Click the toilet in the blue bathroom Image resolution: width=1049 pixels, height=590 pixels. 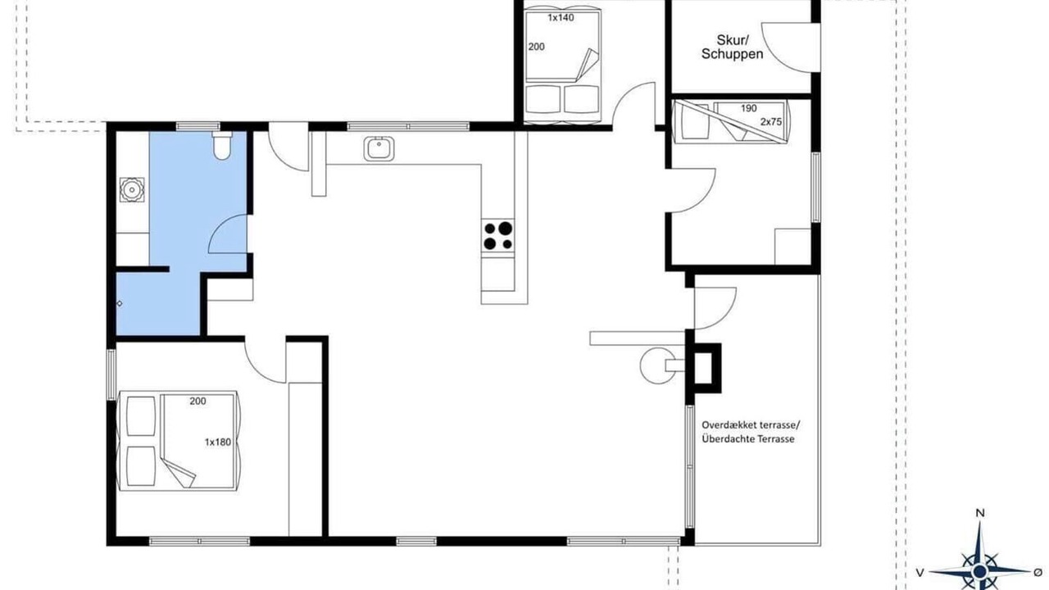[x=221, y=146]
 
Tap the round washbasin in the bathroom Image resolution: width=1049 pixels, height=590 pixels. [x=132, y=189]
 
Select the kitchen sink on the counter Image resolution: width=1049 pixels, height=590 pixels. [x=379, y=149]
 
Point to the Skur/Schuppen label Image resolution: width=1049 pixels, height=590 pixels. [x=732, y=48]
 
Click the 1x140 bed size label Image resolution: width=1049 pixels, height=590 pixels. [x=561, y=18]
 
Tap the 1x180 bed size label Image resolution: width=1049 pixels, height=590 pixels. [x=218, y=442]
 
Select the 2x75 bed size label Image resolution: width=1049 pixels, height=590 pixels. [x=771, y=122]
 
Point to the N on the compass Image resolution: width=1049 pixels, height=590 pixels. [x=979, y=513]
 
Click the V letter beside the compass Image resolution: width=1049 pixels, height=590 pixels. [x=920, y=573]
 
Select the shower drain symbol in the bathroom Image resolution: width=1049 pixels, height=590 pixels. [x=120, y=303]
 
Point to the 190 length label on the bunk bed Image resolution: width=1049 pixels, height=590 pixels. [x=748, y=109]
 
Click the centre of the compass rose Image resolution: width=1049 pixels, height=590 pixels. [x=979, y=572]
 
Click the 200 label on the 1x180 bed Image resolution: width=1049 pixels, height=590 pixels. [x=198, y=402]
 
